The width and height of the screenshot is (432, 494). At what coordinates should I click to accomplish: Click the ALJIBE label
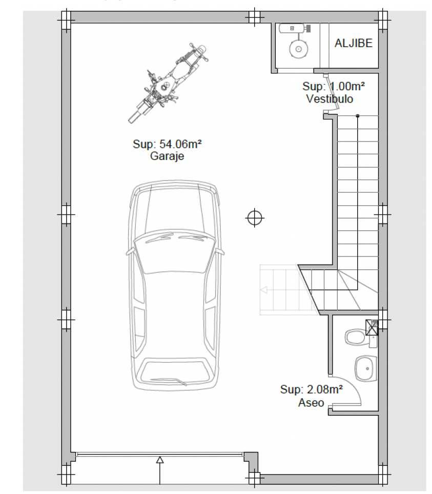click(353, 43)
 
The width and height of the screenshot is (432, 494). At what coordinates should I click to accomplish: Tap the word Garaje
click(167, 156)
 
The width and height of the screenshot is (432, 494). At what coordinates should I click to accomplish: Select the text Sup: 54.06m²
click(167, 144)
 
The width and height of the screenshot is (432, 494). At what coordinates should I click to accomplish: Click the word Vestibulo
click(330, 99)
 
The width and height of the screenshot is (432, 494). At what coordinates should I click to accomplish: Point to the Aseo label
click(311, 403)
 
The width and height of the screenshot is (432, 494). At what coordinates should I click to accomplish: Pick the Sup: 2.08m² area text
click(311, 389)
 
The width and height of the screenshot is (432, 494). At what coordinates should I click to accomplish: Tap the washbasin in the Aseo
click(366, 368)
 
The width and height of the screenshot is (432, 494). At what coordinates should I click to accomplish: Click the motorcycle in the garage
click(168, 83)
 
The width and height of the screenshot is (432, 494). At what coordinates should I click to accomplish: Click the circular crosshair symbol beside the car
click(255, 218)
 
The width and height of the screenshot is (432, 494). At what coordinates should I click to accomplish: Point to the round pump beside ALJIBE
click(299, 49)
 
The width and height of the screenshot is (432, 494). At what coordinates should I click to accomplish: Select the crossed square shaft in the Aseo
click(372, 327)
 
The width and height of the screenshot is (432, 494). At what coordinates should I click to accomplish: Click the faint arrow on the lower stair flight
click(264, 290)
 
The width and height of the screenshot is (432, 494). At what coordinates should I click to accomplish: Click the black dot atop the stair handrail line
click(357, 116)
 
